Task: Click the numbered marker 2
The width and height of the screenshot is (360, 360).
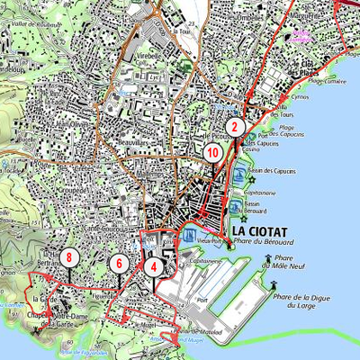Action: click(x=234, y=127)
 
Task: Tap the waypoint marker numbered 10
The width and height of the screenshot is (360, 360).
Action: click(x=212, y=153)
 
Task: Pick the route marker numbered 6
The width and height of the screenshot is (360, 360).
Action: click(x=117, y=264)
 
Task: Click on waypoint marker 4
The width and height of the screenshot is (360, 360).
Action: click(x=154, y=266)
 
